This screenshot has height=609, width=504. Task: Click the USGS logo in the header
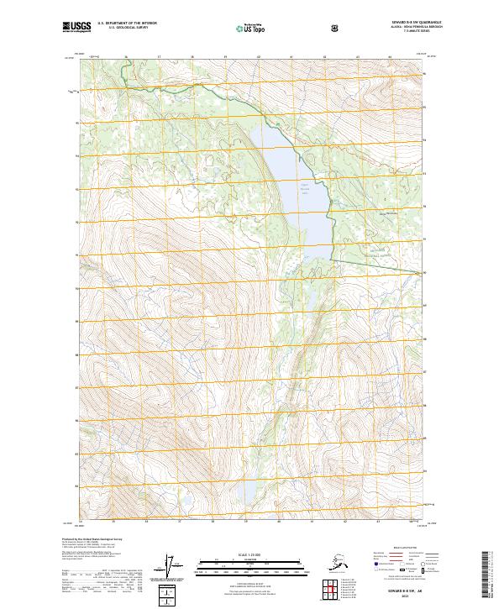pyautogui.click(x=76, y=28)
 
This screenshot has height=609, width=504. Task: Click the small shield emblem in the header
pyautogui.click(x=336, y=29)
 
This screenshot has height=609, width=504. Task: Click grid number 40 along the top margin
pyautogui.click(x=258, y=58)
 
